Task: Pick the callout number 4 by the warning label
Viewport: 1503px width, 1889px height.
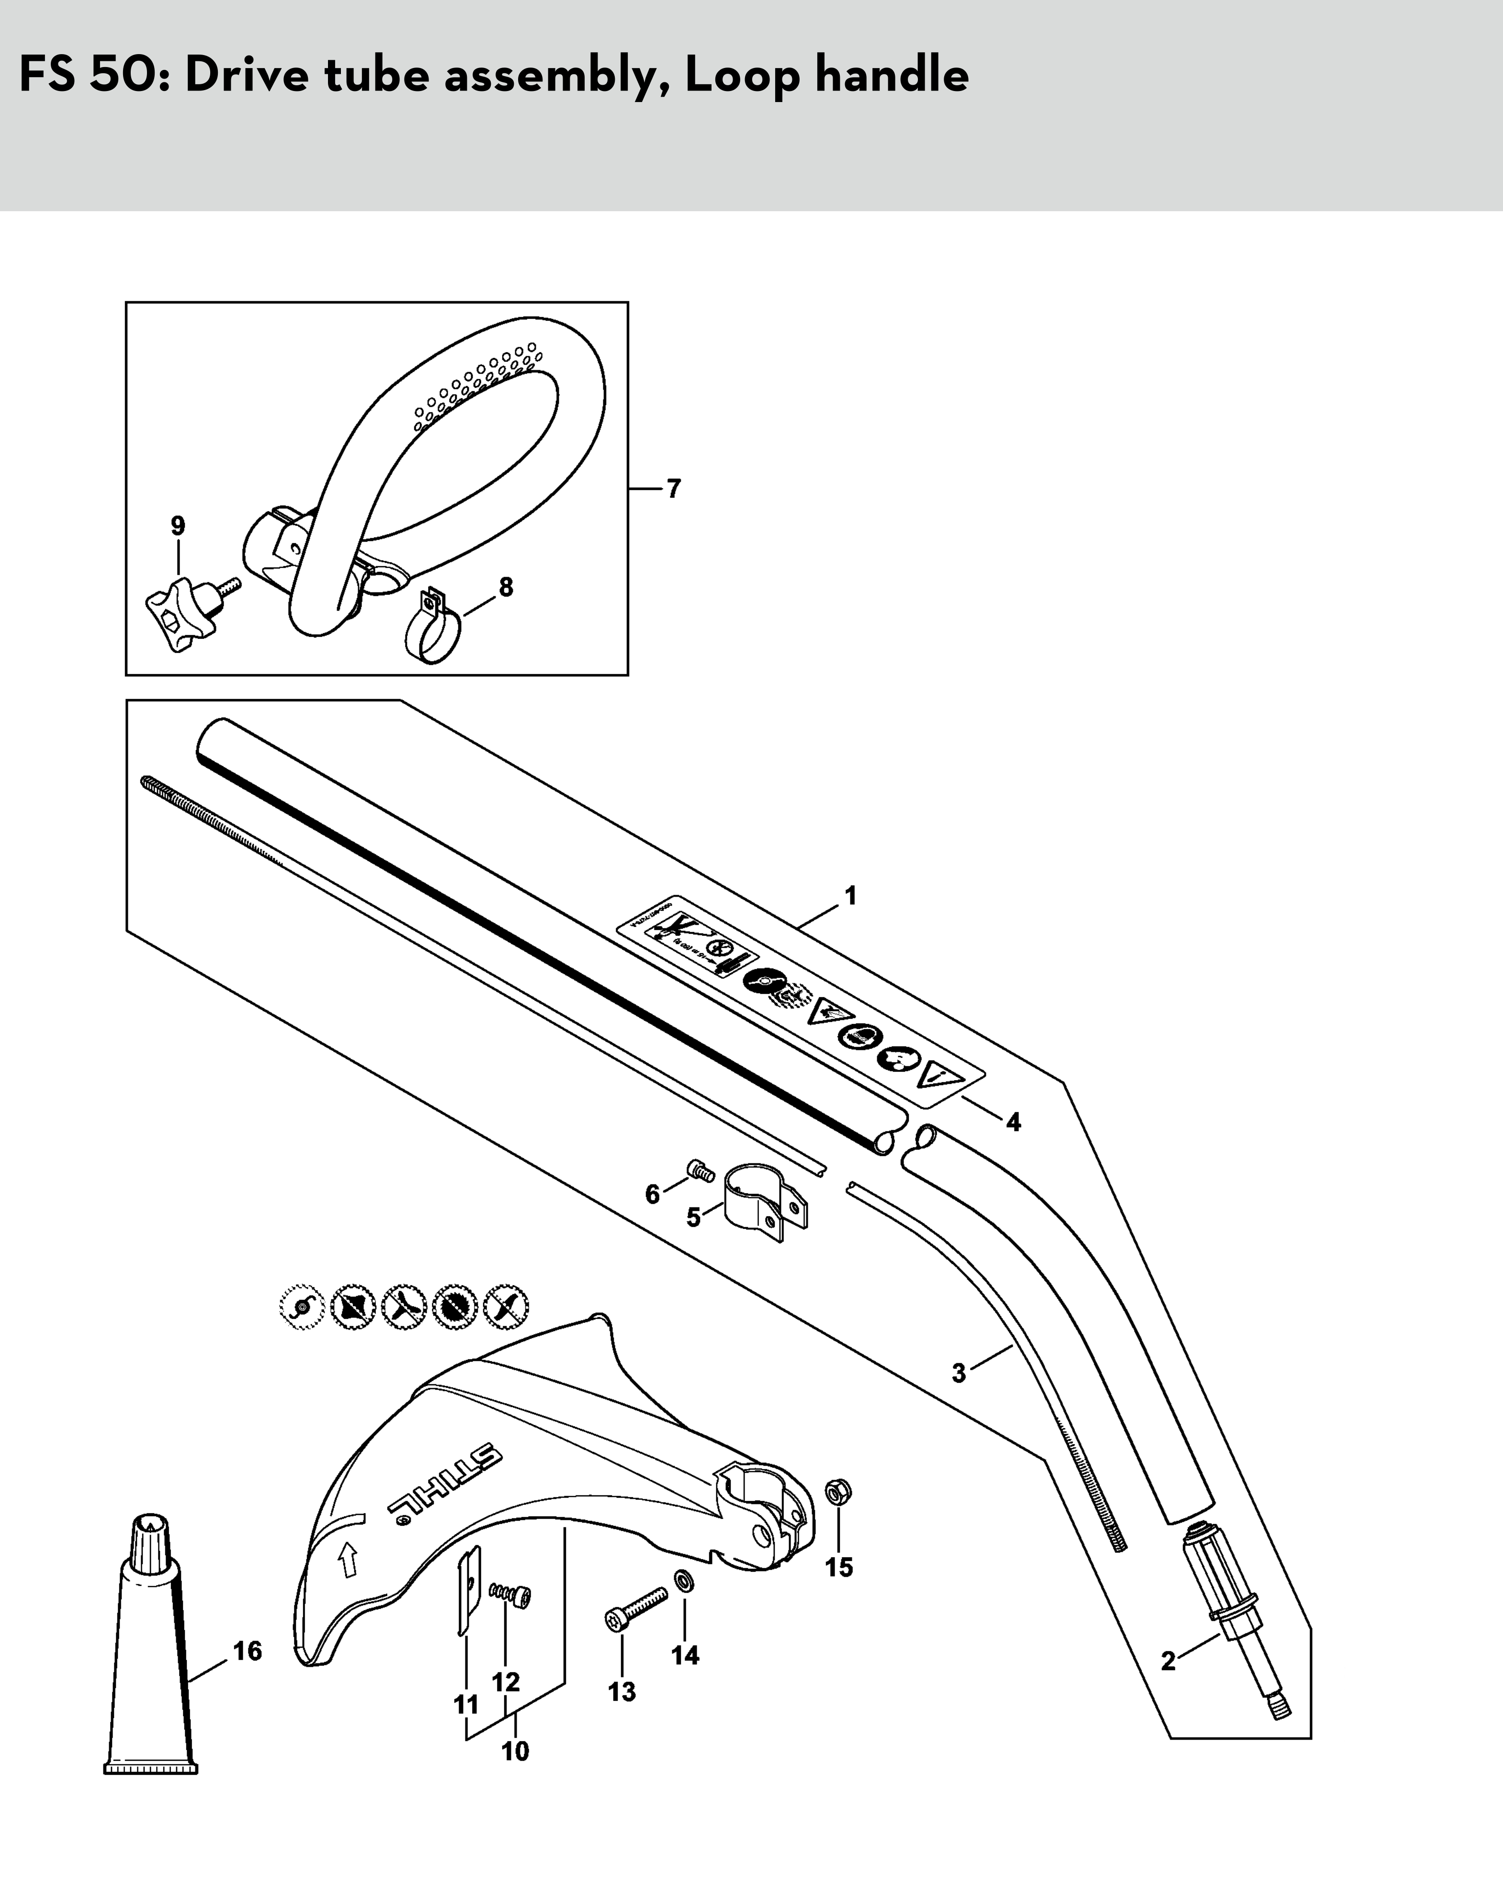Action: click(x=1013, y=1122)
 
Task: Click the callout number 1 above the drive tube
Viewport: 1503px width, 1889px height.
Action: click(x=849, y=896)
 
